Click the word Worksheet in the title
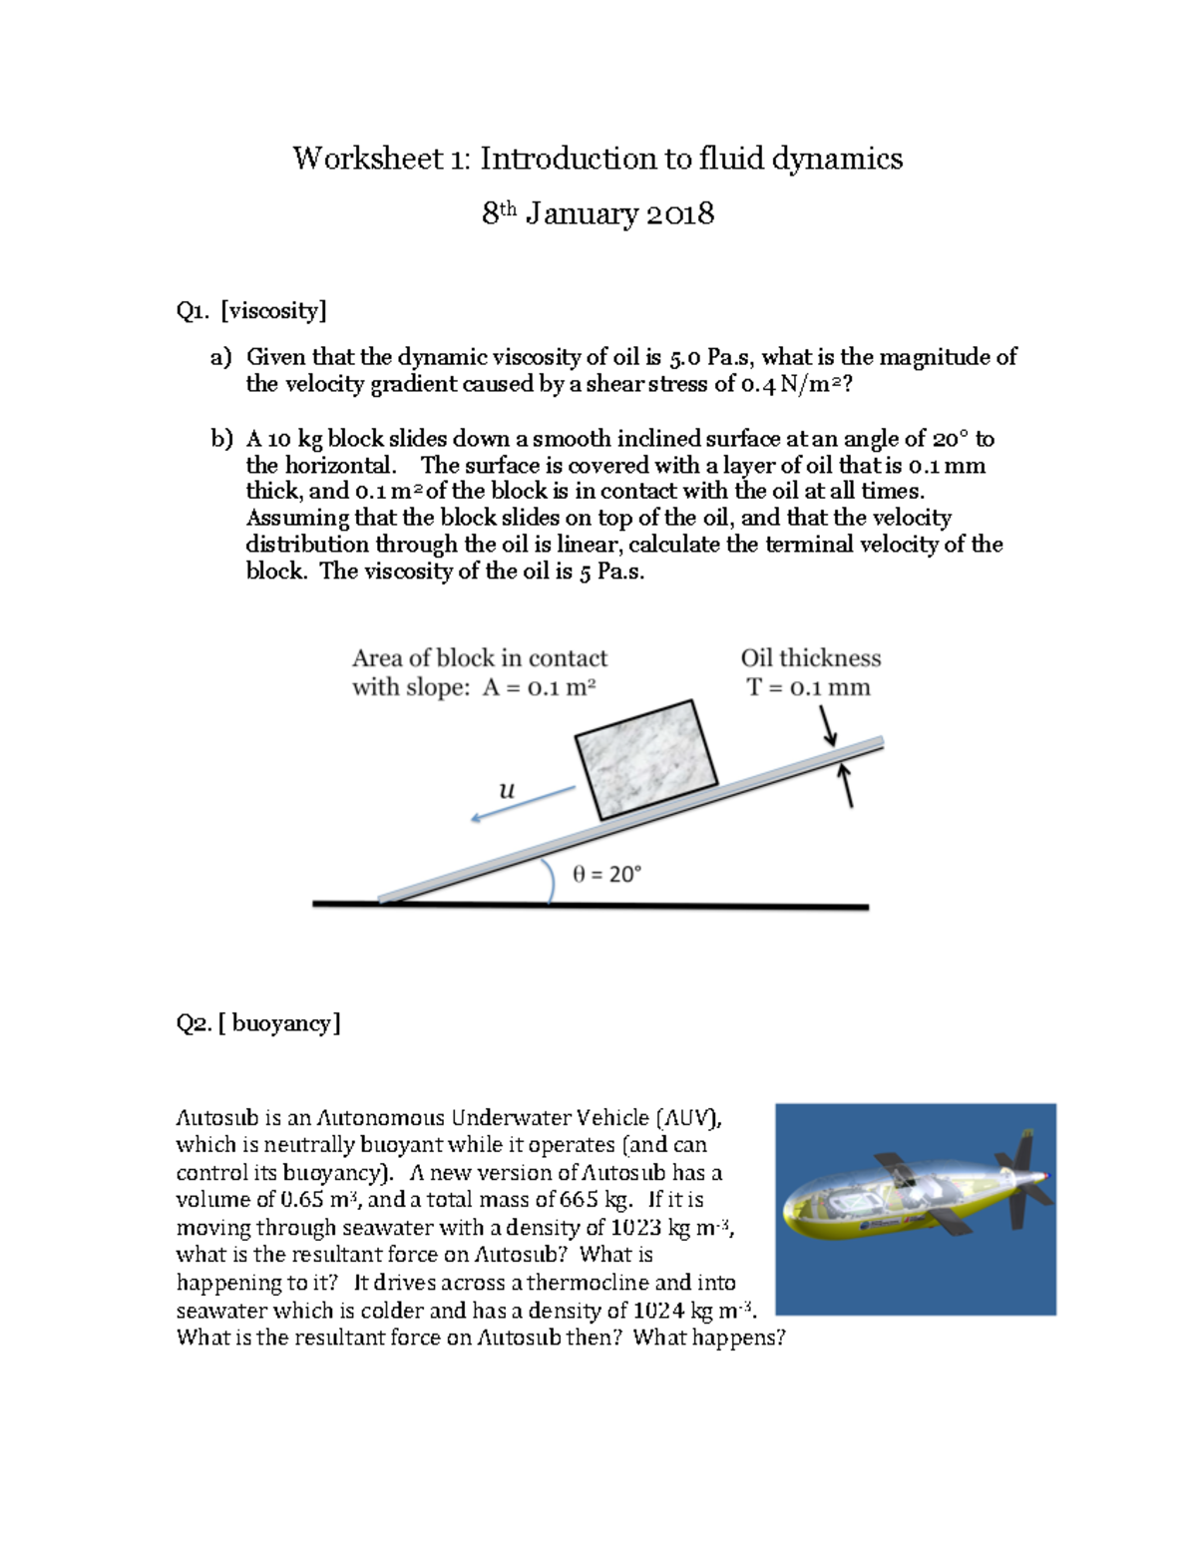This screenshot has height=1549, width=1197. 367,160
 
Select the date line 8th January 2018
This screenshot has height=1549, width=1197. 598,213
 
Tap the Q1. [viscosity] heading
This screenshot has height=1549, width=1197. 251,311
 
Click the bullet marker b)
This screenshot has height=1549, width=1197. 221,439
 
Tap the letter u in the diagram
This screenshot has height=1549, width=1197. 507,791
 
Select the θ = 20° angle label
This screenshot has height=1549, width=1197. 606,874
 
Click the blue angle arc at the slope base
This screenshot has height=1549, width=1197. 550,882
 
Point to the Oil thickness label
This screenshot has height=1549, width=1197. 810,658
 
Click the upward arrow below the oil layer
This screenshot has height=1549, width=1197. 847,786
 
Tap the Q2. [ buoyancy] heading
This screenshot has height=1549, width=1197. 258,1023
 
